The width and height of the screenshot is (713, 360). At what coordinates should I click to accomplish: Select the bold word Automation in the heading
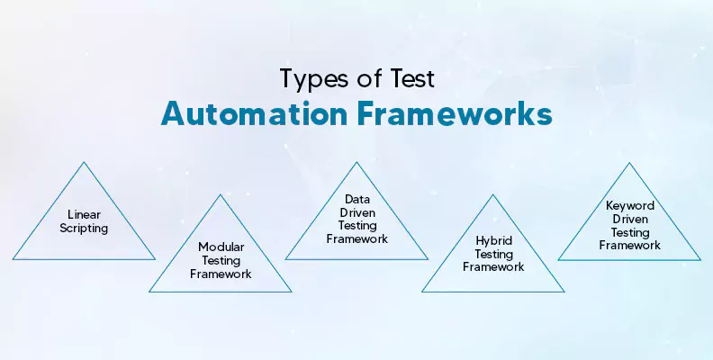[254, 113]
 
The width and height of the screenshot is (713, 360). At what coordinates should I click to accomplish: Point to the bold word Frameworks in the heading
[455, 113]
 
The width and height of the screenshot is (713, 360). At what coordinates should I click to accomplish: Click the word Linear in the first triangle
[84, 214]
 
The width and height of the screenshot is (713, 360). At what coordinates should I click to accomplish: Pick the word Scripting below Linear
[84, 229]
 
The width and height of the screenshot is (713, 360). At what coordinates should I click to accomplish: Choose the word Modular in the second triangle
[221, 247]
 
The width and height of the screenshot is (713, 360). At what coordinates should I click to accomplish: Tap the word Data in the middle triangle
[357, 199]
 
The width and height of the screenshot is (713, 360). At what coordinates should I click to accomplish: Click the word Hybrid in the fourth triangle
[494, 241]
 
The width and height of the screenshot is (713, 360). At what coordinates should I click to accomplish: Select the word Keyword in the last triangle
[630, 206]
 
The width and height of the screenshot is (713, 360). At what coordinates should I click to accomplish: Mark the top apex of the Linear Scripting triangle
[84, 162]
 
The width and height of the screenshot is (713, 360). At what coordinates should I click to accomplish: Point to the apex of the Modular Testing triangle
[221, 195]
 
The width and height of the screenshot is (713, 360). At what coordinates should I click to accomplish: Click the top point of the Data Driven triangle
[357, 162]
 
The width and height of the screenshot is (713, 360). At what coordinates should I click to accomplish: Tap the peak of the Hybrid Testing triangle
[493, 195]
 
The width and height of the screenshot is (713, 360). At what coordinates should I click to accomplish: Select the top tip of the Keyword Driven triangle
[630, 163]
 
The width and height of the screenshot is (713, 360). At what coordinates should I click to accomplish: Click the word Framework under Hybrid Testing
[493, 266]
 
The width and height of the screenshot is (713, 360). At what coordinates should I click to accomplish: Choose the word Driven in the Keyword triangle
[630, 219]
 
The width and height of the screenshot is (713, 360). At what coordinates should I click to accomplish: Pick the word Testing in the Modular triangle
[221, 261]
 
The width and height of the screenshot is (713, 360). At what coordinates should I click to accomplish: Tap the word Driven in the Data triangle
[357, 212]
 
